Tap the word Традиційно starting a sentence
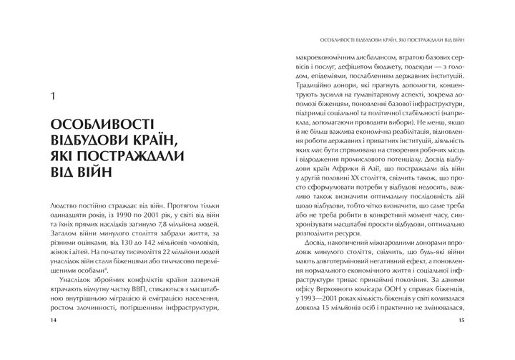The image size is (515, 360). click(x=320, y=84)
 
